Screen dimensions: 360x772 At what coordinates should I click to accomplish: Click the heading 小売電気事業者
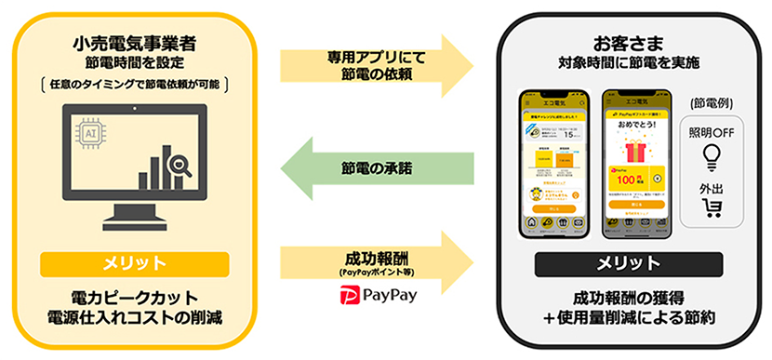point(134,43)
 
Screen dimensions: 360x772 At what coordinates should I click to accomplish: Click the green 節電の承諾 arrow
point(376,168)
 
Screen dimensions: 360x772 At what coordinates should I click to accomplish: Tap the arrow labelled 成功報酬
point(376,252)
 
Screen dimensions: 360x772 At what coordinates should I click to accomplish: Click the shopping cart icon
point(713,207)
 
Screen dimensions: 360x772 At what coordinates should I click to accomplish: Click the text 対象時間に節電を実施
point(629,63)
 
